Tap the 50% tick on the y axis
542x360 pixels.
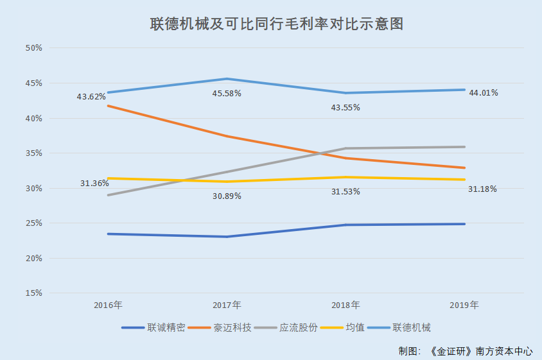pyautogui.click(x=33, y=48)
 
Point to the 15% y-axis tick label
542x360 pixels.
pyautogui.click(x=33, y=293)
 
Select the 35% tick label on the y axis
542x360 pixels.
pyautogui.click(x=33, y=153)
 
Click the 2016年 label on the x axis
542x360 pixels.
pyautogui.click(x=108, y=305)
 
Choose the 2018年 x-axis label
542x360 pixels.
pyautogui.click(x=345, y=305)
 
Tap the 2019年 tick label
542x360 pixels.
pyautogui.click(x=464, y=305)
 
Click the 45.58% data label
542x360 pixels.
pyautogui.click(x=227, y=94)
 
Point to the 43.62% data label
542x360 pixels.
pyautogui.click(x=91, y=97)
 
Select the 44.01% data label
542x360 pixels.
pyautogui.click(x=484, y=92)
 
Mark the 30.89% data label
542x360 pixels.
pyautogui.click(x=227, y=196)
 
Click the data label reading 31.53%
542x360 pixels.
pyautogui.click(x=345, y=192)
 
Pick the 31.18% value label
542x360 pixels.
pyautogui.click(x=483, y=189)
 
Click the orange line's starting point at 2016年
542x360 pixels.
pyautogui.click(x=108, y=105)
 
